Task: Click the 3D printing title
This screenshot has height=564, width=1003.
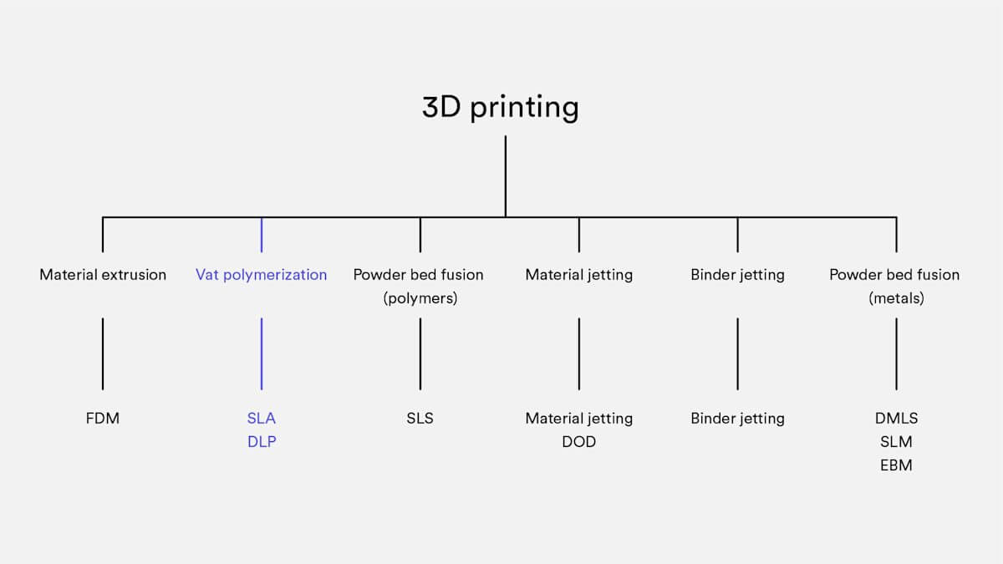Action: pyautogui.click(x=500, y=108)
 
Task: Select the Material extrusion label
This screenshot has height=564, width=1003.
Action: pyautogui.click(x=103, y=274)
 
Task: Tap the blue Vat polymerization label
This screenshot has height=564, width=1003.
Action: pyautogui.click(x=262, y=274)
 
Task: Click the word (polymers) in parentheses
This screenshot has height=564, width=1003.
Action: pyautogui.click(x=420, y=297)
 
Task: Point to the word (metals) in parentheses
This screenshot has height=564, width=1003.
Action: pyautogui.click(x=896, y=297)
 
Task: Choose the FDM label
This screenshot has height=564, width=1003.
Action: pyautogui.click(x=103, y=418)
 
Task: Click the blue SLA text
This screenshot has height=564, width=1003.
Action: pyautogui.click(x=262, y=418)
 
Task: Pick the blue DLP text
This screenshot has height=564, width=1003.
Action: pyautogui.click(x=262, y=441)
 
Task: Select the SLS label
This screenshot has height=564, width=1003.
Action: pyautogui.click(x=420, y=418)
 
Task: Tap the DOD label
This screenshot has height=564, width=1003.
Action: pyautogui.click(x=578, y=441)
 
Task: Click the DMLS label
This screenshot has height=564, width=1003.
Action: pyautogui.click(x=896, y=418)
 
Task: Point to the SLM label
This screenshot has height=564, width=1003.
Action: pyautogui.click(x=896, y=441)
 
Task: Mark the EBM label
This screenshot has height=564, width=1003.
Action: pyautogui.click(x=896, y=465)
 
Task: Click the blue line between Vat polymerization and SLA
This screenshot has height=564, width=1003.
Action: pyautogui.click(x=262, y=353)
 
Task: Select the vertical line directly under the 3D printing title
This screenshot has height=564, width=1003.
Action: pyautogui.click(x=506, y=175)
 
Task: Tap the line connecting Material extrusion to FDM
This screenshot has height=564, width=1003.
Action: pyautogui.click(x=103, y=353)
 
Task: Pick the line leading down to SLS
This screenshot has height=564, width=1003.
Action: pyautogui.click(x=420, y=353)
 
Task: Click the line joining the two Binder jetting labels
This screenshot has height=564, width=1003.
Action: pyautogui.click(x=737, y=353)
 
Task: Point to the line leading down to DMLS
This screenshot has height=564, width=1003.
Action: pyautogui.click(x=896, y=353)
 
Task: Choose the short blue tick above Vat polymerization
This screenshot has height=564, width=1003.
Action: pyautogui.click(x=262, y=235)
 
